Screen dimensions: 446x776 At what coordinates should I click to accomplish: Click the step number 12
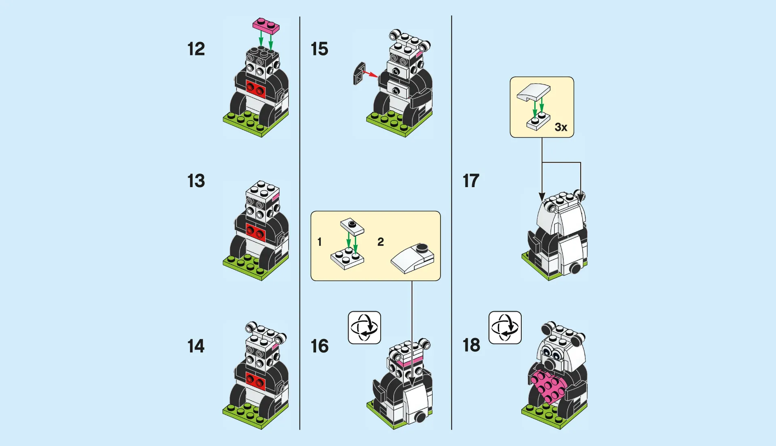(196, 49)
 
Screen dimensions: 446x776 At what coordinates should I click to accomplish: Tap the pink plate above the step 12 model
(266, 25)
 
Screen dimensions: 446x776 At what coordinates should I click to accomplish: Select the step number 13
(196, 181)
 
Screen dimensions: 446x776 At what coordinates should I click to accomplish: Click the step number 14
(196, 347)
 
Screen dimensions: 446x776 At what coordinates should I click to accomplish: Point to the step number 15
(319, 49)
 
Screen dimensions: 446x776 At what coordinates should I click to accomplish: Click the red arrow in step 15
(370, 74)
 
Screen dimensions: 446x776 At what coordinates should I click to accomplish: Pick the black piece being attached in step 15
(359, 74)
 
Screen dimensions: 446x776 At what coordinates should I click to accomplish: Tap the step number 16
(319, 347)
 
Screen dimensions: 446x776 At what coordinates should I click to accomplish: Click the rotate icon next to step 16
(364, 328)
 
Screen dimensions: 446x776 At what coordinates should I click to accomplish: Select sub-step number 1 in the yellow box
(320, 242)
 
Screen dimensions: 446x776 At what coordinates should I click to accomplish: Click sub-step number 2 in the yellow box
(380, 242)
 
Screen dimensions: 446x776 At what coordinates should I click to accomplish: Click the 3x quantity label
(561, 127)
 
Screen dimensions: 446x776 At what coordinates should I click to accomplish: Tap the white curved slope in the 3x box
(533, 93)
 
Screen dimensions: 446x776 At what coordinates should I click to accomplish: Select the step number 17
(471, 181)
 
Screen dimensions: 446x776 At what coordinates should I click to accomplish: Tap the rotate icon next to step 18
(505, 328)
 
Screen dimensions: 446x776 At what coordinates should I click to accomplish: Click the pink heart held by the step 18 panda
(548, 387)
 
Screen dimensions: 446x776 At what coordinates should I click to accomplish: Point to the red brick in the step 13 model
(255, 232)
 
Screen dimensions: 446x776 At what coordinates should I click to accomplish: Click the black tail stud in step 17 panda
(576, 268)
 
